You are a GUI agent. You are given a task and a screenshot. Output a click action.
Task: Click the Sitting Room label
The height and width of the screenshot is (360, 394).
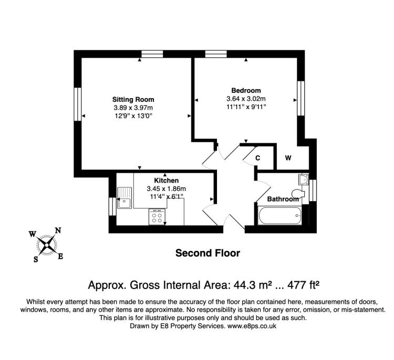point(133,100)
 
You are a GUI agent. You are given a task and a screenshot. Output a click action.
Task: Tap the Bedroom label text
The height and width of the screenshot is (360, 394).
point(246,90)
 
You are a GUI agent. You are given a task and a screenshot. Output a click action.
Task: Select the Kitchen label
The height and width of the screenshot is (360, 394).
point(167,181)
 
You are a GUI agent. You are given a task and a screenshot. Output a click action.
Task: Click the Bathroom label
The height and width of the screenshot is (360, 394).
point(283,199)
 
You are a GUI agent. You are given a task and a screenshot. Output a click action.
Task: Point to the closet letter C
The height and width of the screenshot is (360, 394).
point(257,158)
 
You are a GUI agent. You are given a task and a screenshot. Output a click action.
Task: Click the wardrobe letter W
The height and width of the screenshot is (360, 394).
point(288,157)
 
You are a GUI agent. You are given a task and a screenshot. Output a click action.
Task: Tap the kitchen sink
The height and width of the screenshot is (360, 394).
point(125,198)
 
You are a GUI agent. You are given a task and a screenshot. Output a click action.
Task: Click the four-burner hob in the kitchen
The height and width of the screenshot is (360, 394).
point(157,217)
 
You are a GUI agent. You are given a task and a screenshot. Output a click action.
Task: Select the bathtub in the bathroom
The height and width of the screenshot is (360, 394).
point(280,215)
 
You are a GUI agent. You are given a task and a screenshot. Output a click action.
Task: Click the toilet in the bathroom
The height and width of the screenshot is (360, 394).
point(298,194)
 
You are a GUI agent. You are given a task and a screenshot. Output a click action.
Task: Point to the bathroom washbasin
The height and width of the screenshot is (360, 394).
point(303,180)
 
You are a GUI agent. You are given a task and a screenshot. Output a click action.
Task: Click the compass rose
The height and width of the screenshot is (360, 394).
point(46,245)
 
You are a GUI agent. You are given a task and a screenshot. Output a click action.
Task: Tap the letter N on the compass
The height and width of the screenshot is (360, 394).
point(58,230)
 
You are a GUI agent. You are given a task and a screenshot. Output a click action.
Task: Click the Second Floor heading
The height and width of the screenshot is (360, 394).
point(208,253)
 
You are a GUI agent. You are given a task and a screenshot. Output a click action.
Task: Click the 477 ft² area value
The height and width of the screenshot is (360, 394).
point(303,285)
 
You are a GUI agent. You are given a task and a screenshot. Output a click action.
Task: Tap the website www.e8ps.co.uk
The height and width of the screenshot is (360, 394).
point(252,326)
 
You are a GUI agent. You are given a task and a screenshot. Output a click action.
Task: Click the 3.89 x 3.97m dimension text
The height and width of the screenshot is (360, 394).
point(133,108)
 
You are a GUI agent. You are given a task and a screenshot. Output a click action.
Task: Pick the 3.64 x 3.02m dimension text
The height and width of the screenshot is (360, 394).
point(246,99)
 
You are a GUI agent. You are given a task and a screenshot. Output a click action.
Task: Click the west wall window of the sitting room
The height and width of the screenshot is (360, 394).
point(78,104)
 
